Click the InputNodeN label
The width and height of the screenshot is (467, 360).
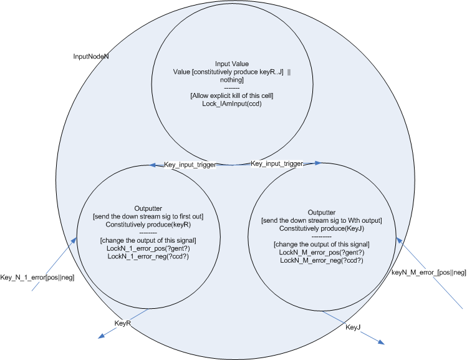[x=91, y=56]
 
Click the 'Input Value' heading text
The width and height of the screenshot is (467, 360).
[x=232, y=64]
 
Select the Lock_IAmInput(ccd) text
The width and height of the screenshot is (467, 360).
[x=232, y=104]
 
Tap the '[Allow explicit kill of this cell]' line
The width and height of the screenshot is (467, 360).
[x=232, y=96]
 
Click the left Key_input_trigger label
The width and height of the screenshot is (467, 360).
[x=190, y=165]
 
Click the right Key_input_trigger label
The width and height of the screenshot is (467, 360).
[x=277, y=163]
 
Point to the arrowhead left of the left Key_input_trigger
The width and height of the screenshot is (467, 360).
[x=152, y=165]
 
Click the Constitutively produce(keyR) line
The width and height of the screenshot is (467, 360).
[x=148, y=224]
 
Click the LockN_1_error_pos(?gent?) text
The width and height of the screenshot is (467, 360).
[x=148, y=248]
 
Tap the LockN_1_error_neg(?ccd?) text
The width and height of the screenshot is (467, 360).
[x=148, y=256]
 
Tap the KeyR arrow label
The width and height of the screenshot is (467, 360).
[x=123, y=323]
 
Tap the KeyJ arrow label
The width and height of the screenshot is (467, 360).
[x=353, y=326]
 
